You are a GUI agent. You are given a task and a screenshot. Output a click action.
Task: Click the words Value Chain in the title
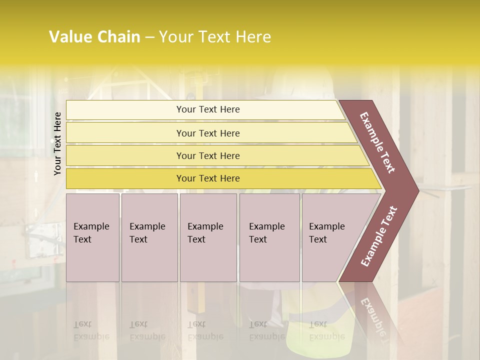click(94, 37)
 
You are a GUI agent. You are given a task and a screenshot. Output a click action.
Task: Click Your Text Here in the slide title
click(215, 37)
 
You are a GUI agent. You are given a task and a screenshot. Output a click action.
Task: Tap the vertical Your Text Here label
click(57, 143)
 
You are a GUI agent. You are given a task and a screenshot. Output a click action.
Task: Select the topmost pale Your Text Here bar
click(207, 109)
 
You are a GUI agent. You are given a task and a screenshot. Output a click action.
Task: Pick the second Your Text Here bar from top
click(208, 133)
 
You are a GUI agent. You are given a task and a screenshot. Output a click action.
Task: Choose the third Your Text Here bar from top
click(208, 155)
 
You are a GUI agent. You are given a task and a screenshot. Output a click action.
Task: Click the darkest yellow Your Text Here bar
click(208, 178)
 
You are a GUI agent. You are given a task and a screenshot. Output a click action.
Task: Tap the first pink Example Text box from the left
click(92, 237)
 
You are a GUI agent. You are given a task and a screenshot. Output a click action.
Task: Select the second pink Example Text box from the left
click(149, 237)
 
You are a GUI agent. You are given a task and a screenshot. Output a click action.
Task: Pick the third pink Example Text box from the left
click(208, 237)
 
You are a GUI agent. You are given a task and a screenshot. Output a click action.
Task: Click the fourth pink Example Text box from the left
click(269, 237)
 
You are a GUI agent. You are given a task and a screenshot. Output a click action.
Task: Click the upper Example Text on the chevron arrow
click(377, 142)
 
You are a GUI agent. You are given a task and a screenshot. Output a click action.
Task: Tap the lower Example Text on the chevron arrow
click(379, 236)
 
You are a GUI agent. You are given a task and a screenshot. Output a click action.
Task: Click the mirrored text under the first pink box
click(91, 330)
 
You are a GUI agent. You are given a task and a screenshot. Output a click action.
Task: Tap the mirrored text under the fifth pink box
click(326, 330)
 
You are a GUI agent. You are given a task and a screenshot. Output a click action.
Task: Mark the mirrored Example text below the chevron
click(372, 317)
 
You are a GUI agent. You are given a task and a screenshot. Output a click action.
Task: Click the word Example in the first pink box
click(91, 226)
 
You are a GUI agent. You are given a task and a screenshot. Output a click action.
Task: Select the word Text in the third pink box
click(196, 239)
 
